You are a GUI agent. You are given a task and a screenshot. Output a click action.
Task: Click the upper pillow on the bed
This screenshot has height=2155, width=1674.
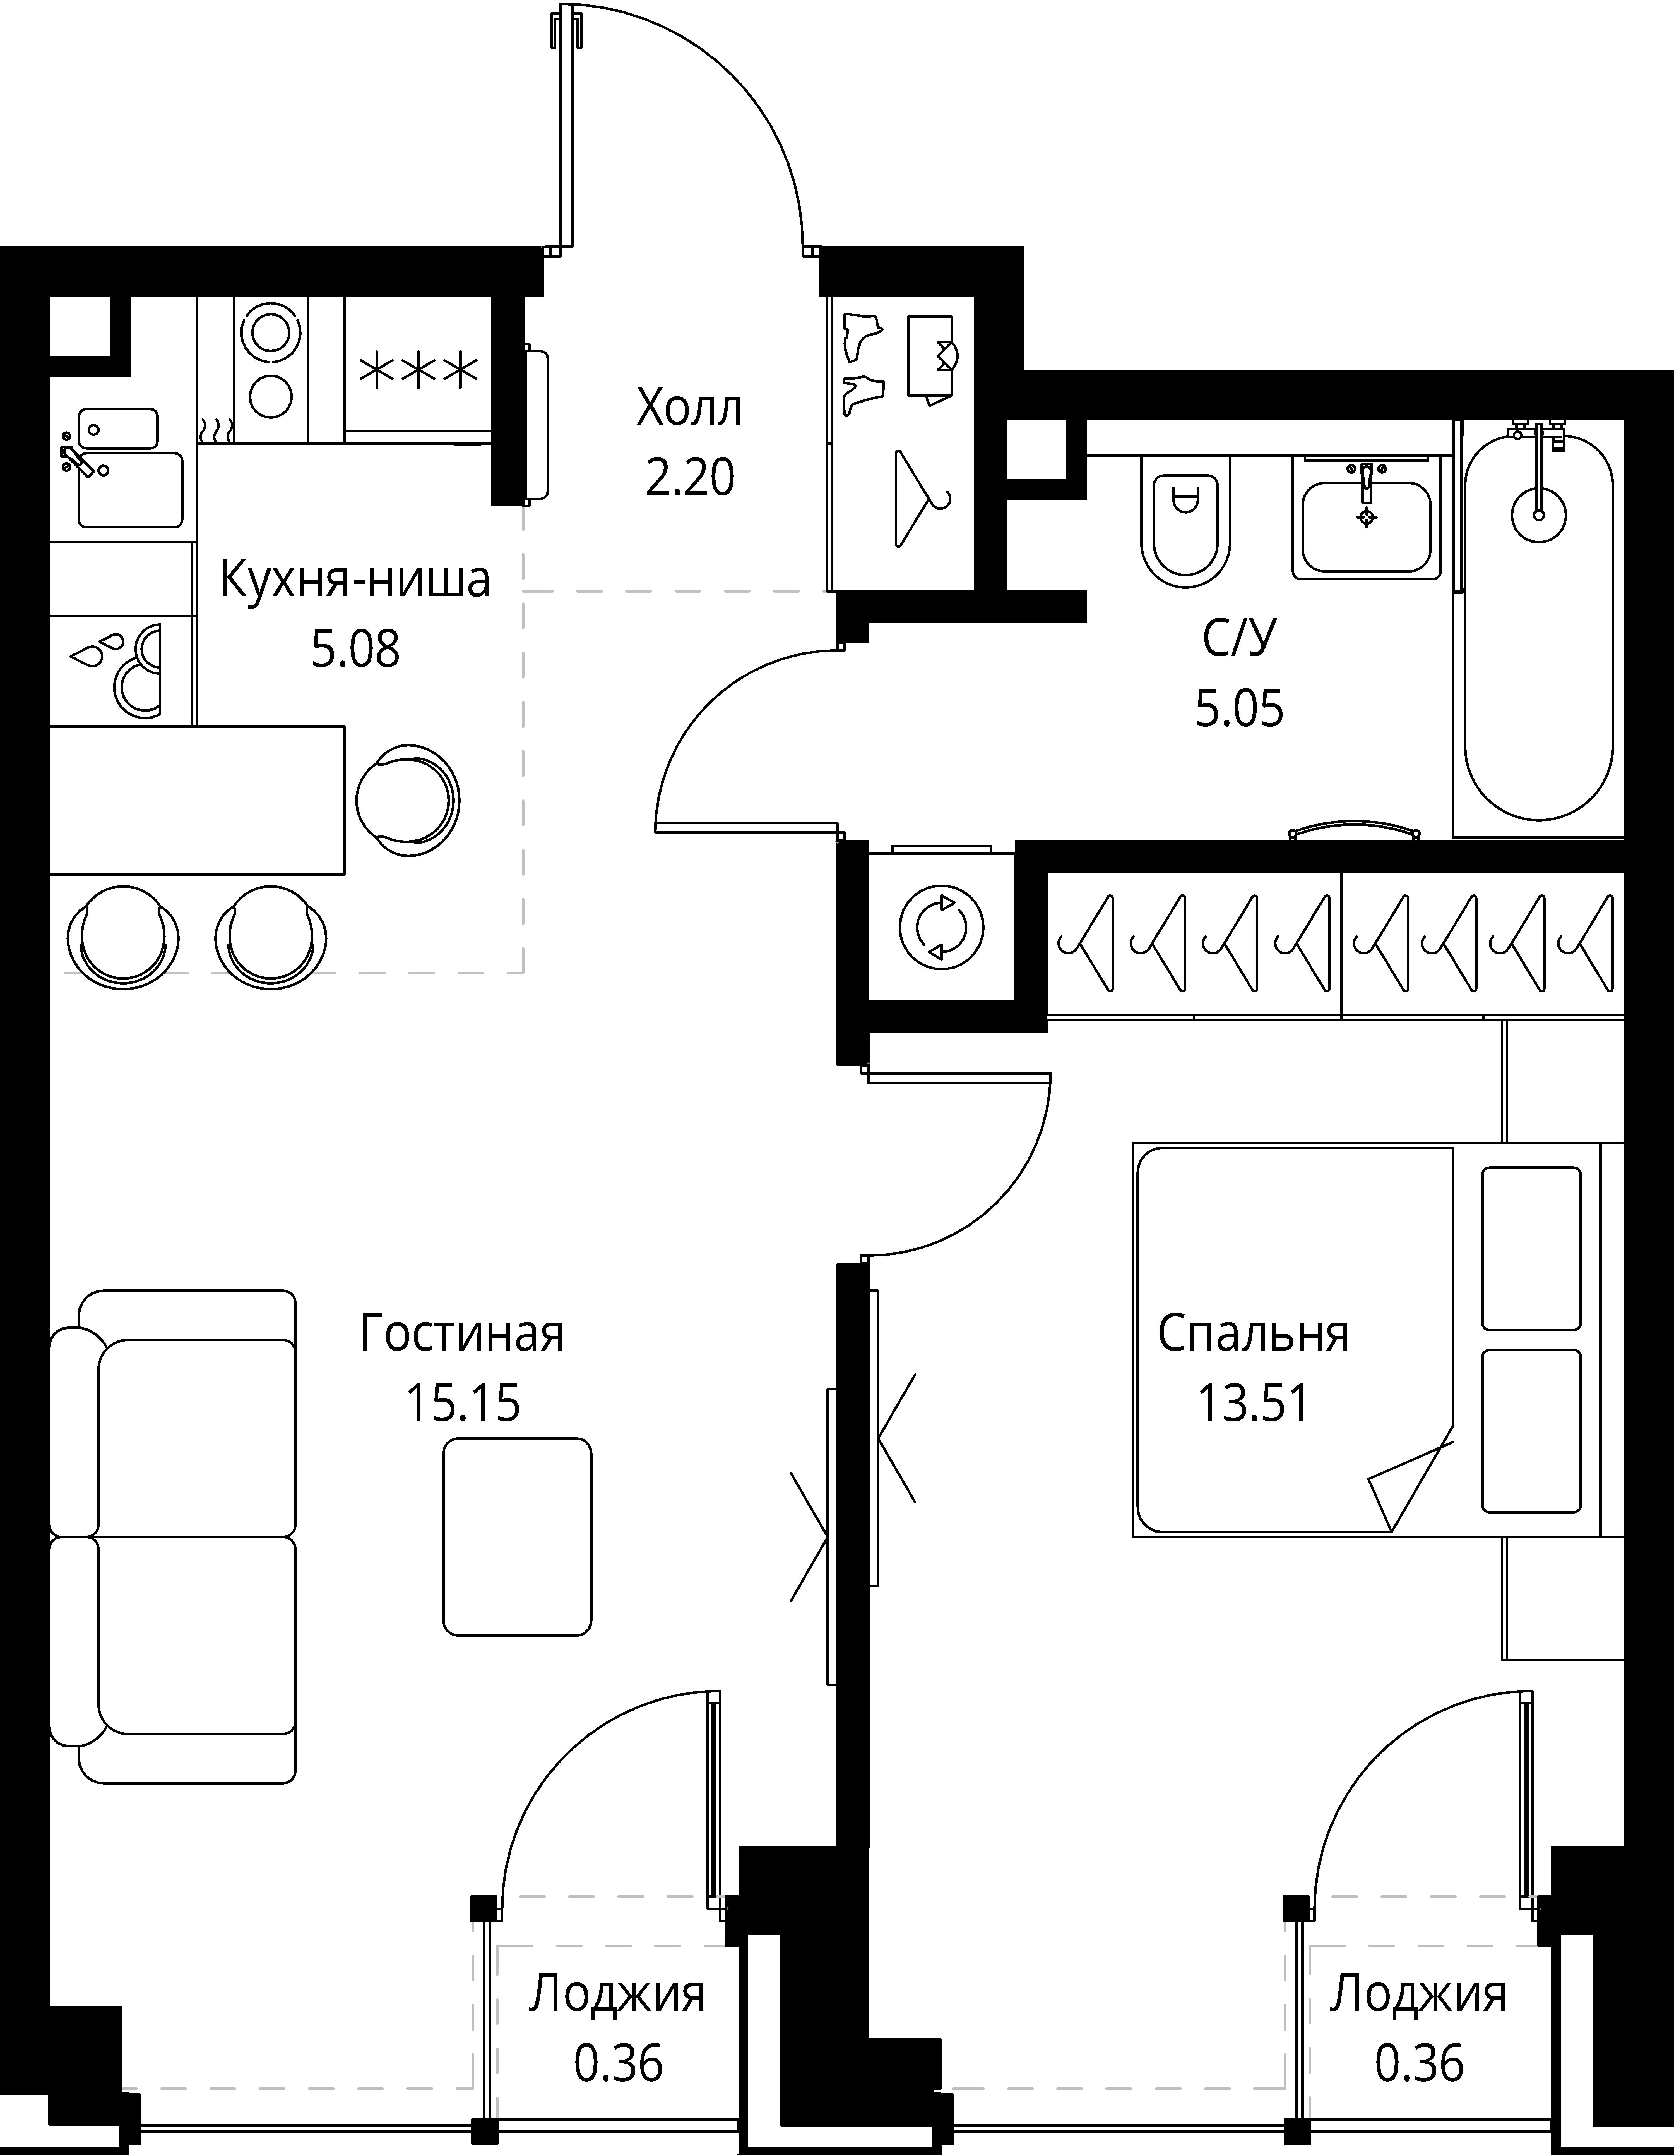coord(1532,1248)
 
